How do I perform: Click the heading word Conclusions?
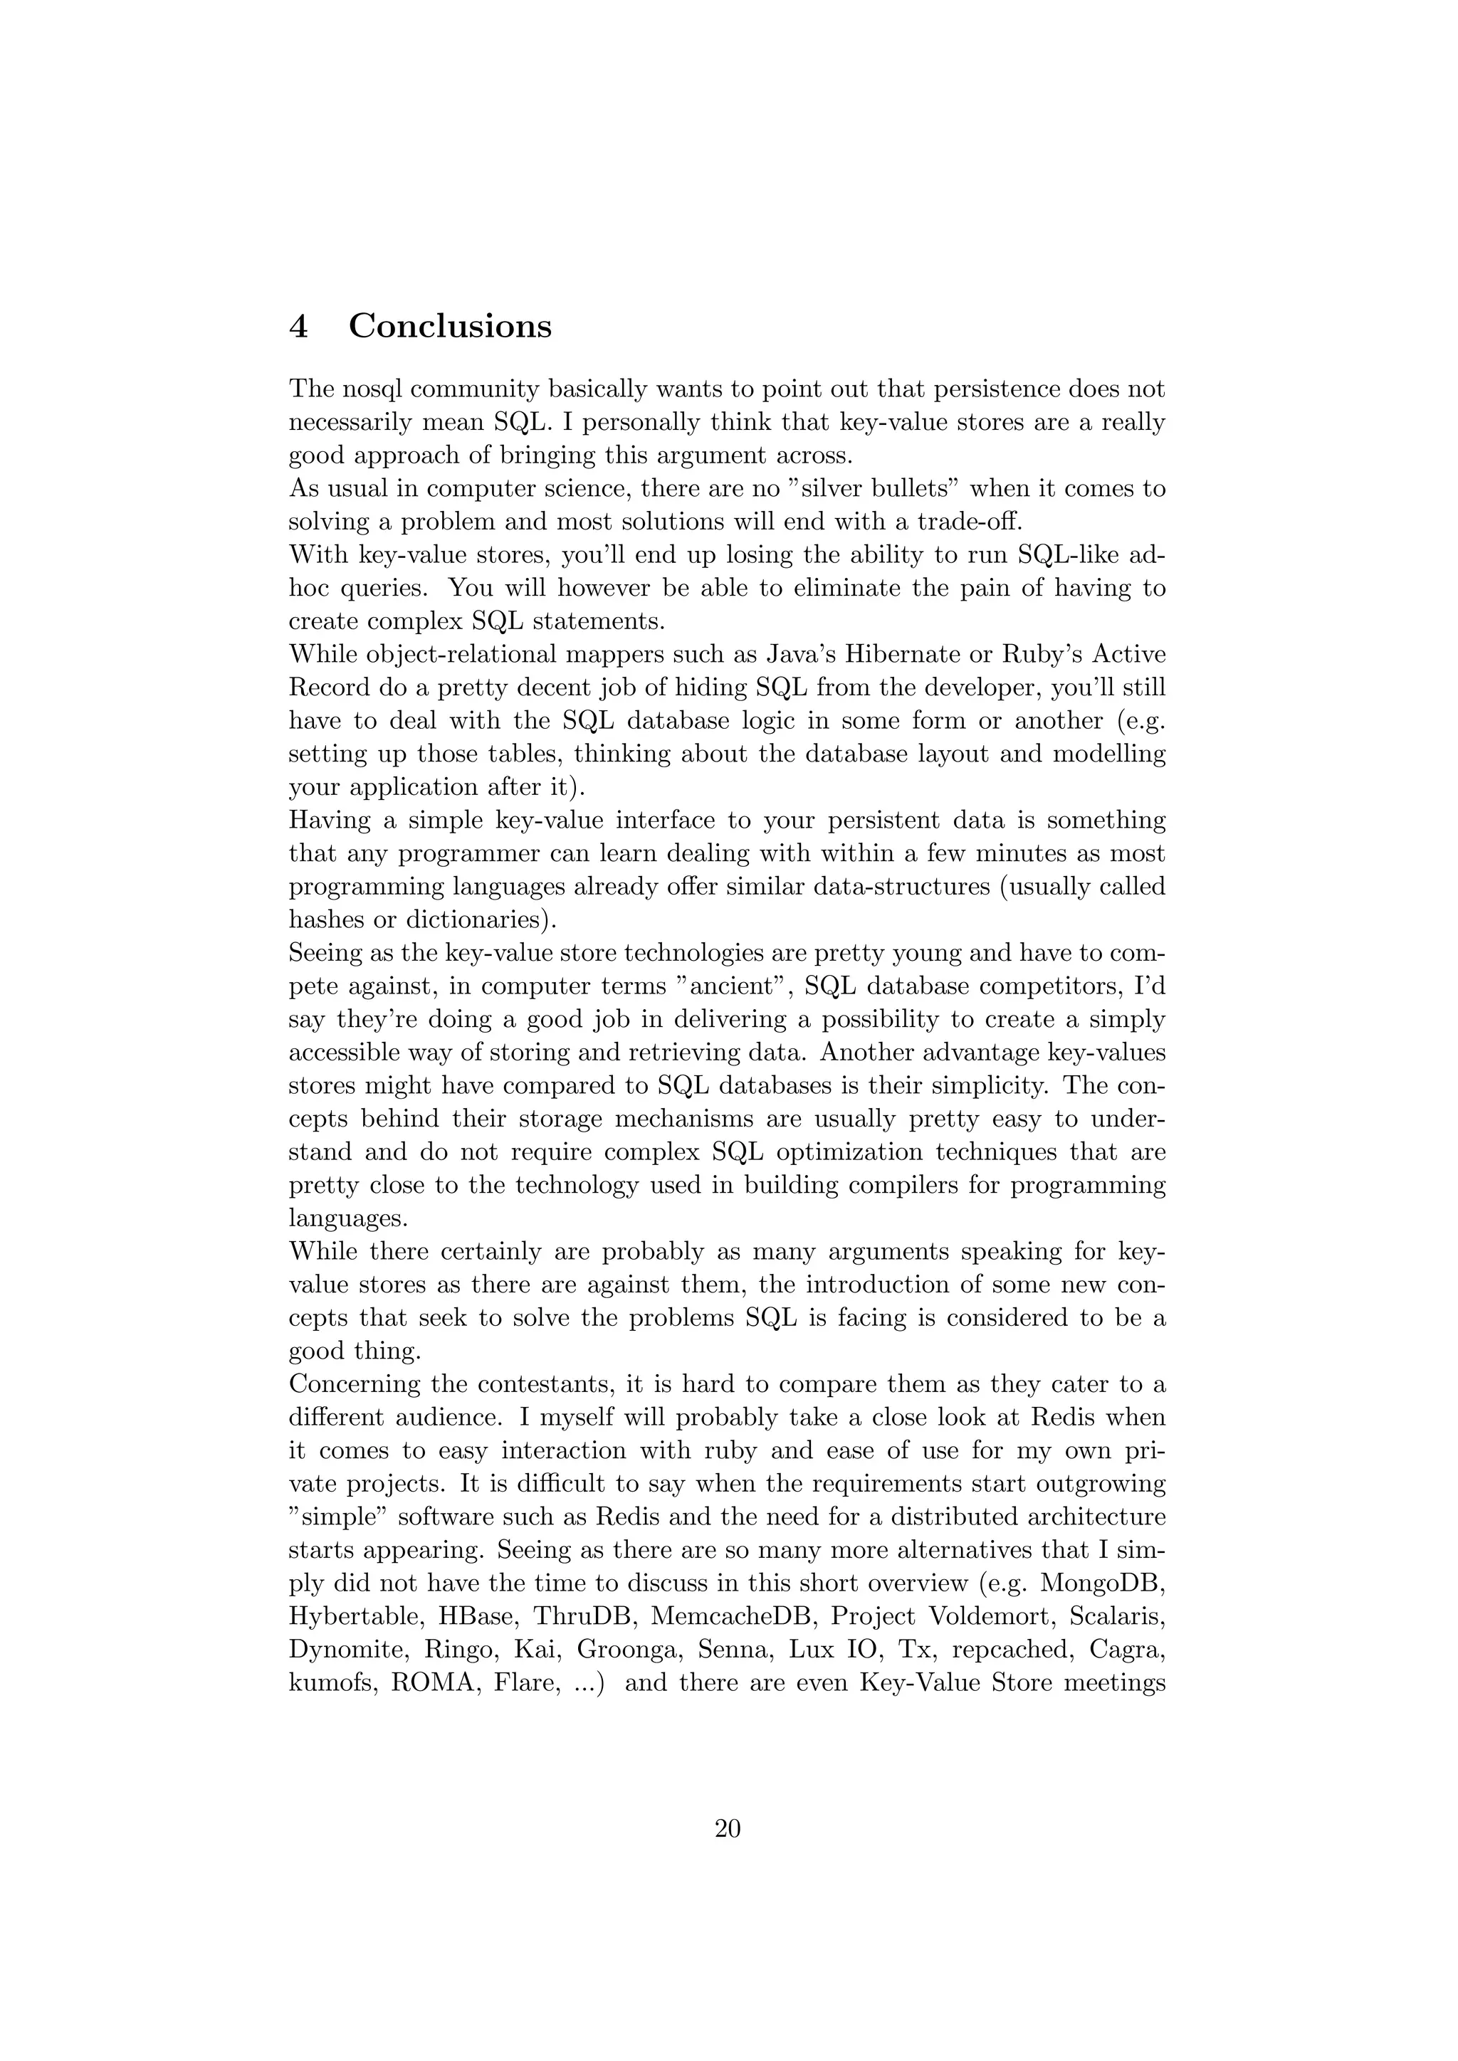tap(450, 326)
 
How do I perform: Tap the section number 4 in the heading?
tap(299, 326)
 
